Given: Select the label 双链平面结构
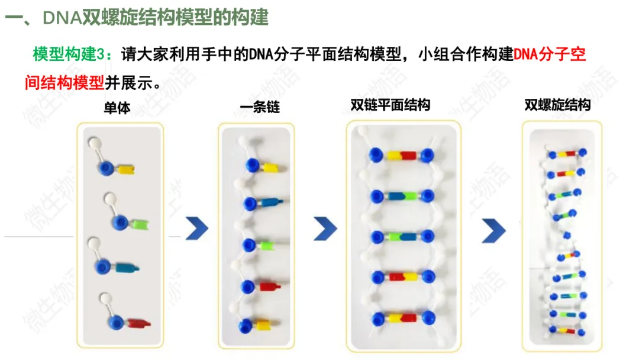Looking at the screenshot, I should [x=390, y=105].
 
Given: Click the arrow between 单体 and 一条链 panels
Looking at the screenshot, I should [x=197, y=228].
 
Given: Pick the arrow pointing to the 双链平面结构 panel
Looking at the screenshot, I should [x=325, y=228].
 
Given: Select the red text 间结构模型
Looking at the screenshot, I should [x=64, y=82].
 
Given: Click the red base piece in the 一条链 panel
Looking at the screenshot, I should [x=267, y=287].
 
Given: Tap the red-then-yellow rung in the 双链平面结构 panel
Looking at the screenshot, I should [x=402, y=277].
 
